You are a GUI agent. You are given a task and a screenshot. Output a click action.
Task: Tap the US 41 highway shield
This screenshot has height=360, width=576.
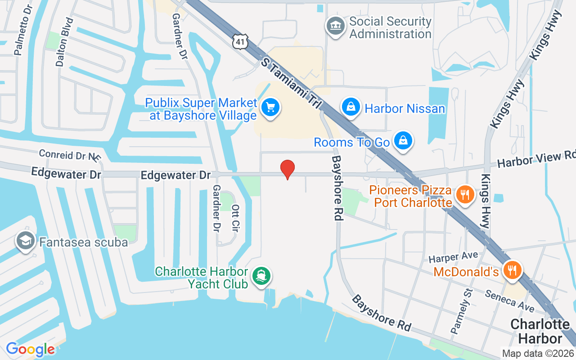[x=239, y=41]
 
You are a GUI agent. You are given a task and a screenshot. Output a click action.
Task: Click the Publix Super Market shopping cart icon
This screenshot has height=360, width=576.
[x=270, y=108]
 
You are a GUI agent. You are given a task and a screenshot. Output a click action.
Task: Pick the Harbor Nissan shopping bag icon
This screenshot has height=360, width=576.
[x=351, y=107]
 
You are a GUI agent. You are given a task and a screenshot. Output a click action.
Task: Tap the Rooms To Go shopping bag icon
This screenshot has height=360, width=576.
[x=403, y=141]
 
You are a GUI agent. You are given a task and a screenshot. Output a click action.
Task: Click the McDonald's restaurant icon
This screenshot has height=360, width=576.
[x=512, y=270]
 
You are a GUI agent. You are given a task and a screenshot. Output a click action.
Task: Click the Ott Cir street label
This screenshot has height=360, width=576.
[x=235, y=218]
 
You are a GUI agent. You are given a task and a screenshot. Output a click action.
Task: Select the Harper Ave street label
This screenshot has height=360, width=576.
[x=453, y=257]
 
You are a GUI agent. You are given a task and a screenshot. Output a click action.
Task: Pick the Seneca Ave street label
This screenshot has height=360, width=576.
[x=509, y=300]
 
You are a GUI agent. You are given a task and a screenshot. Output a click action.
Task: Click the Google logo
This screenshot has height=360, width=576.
[x=30, y=349]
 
